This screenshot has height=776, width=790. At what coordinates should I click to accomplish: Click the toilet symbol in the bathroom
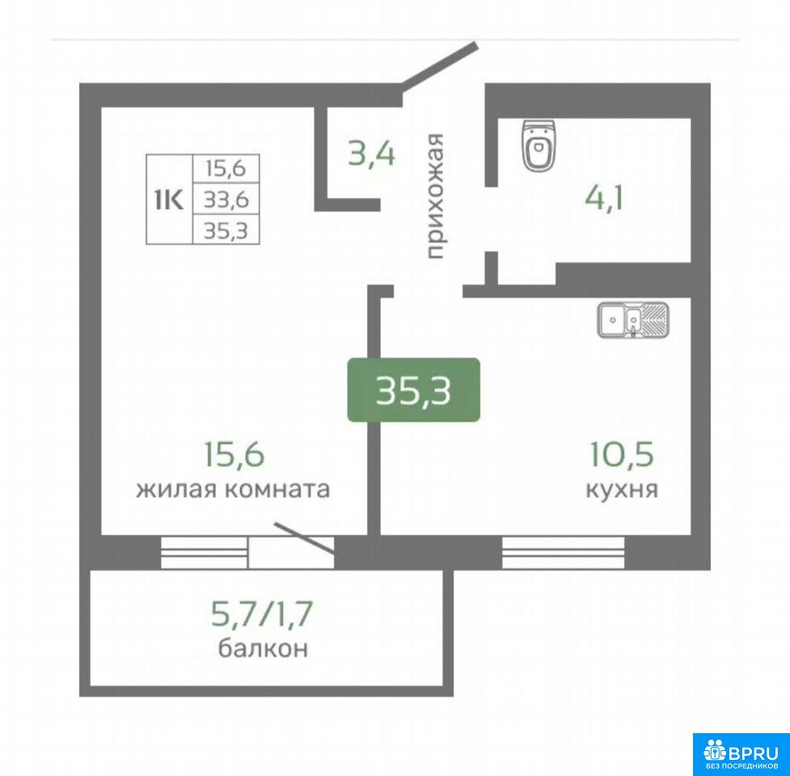(x=539, y=145)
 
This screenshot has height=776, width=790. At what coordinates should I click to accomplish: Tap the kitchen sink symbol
(x=633, y=320)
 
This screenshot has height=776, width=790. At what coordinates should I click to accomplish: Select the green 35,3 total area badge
(x=414, y=390)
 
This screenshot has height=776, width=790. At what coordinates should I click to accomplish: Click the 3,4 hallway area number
(x=372, y=154)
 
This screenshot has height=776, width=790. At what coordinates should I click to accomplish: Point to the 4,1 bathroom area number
(x=604, y=197)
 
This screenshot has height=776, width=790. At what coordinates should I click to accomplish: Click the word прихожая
(x=434, y=196)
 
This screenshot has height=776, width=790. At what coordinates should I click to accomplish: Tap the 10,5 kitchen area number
(x=622, y=453)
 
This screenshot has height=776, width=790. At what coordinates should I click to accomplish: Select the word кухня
(x=622, y=489)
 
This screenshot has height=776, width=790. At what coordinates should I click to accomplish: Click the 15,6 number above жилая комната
(x=234, y=453)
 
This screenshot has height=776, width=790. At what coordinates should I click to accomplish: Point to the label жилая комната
(x=233, y=489)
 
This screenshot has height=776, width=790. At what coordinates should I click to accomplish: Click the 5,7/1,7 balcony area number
(x=262, y=614)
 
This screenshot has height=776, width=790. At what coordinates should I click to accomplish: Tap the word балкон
(x=263, y=647)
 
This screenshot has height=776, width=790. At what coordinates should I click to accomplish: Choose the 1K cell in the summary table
(x=169, y=200)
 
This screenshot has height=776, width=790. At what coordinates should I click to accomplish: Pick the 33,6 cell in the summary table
(x=226, y=200)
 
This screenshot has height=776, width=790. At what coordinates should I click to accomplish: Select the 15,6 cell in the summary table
(x=226, y=169)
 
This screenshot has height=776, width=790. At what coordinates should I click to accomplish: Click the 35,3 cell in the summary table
(x=226, y=230)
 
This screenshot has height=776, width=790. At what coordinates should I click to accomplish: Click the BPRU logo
(x=741, y=754)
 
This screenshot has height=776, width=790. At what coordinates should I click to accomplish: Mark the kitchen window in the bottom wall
(x=564, y=552)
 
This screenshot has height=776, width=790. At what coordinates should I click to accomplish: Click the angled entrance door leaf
(x=439, y=65)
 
